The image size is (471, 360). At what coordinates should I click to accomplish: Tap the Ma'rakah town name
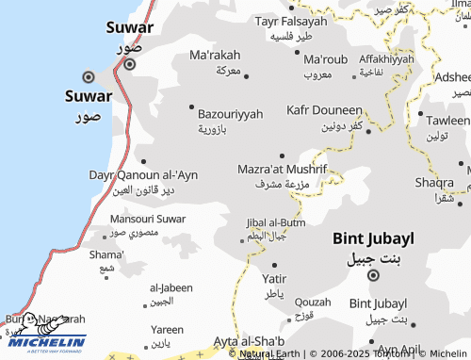tap(215, 55)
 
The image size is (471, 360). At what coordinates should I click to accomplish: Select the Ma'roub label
tap(326, 59)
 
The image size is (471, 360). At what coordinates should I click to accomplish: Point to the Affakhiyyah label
tap(386, 59)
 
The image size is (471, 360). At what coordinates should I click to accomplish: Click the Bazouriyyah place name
tap(231, 113)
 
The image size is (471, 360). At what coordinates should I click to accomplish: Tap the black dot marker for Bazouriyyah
tap(193, 106)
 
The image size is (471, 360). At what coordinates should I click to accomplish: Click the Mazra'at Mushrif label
tap(281, 170)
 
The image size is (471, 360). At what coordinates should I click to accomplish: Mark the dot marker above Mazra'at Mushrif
tap(282, 155)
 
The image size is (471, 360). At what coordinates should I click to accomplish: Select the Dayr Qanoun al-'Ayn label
tap(143, 175)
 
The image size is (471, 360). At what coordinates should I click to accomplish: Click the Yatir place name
tap(274, 279)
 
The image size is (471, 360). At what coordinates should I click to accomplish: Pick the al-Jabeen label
tap(171, 287)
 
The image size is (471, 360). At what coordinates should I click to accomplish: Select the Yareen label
tap(168, 330)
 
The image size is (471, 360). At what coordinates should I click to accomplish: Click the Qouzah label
tap(313, 302)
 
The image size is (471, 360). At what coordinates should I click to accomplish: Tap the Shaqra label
tap(433, 182)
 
